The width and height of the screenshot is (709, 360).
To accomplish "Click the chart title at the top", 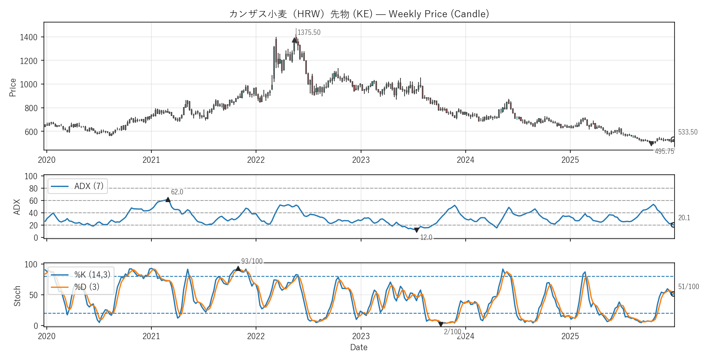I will pos(359,14).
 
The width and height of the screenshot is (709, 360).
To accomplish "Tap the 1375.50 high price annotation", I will pos(309,32).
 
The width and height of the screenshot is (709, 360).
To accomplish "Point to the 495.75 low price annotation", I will pos(664,151).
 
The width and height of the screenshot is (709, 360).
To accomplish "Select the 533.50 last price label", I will pos(688,132).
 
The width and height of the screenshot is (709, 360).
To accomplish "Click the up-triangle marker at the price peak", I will pos(295,40).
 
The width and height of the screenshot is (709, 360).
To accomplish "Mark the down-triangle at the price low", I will pos(651,144).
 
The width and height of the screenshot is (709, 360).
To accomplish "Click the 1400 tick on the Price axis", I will pos(28,37).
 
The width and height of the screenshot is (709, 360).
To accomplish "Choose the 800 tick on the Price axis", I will pos(31,108).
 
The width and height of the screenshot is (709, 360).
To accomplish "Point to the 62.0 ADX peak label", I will pos(177,192).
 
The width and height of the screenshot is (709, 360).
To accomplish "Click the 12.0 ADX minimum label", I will pos(426,237).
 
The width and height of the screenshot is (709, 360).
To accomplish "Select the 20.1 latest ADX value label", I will pos(684,218).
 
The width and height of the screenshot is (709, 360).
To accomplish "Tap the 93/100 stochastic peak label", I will pos(252,261).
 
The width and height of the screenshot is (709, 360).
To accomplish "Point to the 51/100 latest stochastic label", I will pos(688,287).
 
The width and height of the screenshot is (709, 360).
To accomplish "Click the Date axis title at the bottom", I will pos(359,347).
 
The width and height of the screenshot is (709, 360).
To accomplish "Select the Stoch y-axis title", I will pos(17,296).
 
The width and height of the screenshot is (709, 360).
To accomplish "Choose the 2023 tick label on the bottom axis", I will pos(361,336).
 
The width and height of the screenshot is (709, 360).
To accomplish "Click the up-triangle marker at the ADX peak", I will pos(168,200).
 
